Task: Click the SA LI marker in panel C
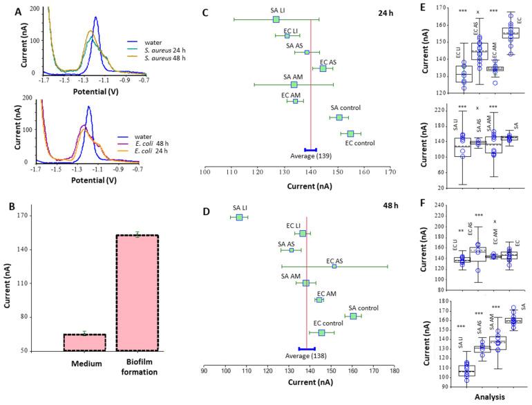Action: click(276, 19)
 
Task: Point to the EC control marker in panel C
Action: click(350, 133)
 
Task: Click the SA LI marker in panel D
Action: click(239, 217)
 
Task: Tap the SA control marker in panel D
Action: click(353, 316)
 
